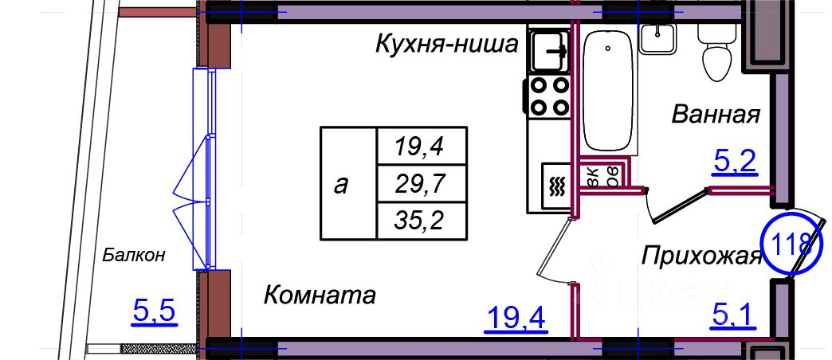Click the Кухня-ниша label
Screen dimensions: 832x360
[447, 45]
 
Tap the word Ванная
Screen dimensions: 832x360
[715, 114]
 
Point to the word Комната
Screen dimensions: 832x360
[319, 295]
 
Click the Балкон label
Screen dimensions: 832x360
[134, 255]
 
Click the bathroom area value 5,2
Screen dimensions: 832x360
[734, 163]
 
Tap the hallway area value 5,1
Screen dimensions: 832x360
[732, 319]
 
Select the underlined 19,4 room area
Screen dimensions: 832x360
[515, 319]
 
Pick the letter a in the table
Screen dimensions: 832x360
[342, 184]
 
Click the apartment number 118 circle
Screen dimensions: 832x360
[792, 241]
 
